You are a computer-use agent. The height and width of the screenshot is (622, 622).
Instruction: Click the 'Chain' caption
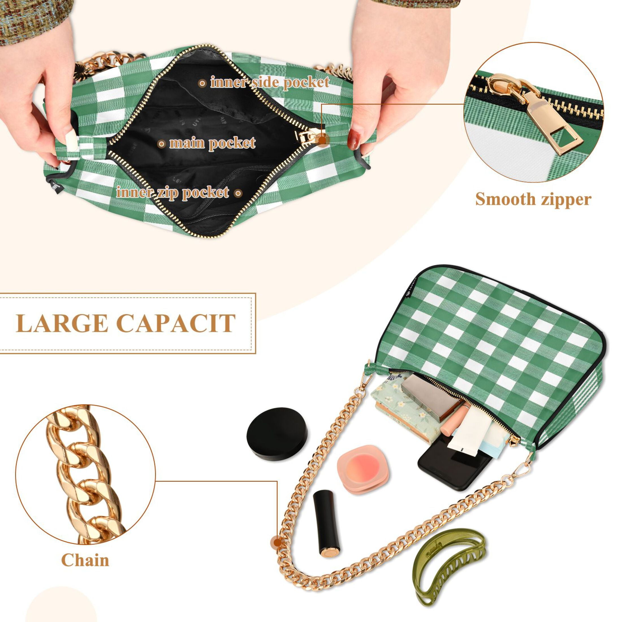85,560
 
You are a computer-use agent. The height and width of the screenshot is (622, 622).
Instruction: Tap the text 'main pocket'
213,143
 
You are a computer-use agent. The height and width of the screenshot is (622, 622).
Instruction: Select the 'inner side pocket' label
270,83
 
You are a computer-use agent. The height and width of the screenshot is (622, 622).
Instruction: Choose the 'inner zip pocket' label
172,193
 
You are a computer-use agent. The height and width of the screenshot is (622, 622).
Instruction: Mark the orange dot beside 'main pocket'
162,144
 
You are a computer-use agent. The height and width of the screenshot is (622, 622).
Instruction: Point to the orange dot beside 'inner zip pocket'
237,193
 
